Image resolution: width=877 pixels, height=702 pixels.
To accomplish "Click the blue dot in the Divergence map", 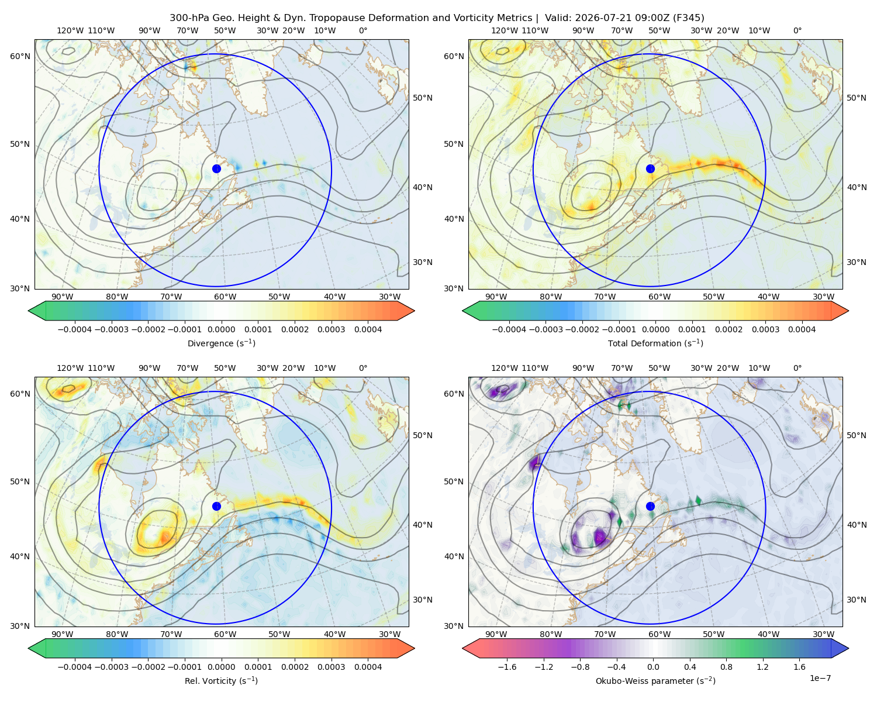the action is (216, 168).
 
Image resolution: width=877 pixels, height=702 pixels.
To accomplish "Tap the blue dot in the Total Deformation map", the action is (650, 168).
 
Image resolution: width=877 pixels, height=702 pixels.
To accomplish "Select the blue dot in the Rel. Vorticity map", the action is (216, 506).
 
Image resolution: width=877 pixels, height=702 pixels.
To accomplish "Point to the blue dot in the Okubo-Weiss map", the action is (650, 506).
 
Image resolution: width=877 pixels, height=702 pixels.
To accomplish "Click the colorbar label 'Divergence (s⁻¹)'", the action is (221, 343).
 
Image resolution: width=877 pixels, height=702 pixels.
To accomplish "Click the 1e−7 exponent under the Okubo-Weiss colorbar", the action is (820, 678).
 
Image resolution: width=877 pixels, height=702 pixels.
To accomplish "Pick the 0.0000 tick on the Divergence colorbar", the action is (221, 329).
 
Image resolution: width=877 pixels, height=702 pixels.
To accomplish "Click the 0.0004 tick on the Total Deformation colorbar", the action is (802, 329).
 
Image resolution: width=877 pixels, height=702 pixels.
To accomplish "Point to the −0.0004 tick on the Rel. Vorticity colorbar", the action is (75, 666).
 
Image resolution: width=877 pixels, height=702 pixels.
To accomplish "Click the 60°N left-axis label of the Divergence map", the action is (20, 56).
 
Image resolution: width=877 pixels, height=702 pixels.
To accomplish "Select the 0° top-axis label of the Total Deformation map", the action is (797, 30).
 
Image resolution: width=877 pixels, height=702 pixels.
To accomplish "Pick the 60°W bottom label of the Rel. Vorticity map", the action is (225, 634).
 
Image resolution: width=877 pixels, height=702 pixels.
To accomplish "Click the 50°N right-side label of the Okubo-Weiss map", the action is (856, 435).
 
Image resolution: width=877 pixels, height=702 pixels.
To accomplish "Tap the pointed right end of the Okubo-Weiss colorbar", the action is (848, 648).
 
